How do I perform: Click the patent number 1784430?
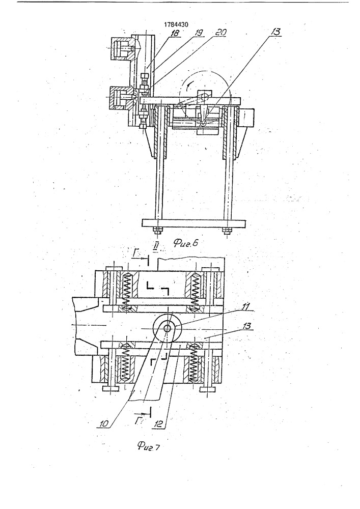coord(176,24)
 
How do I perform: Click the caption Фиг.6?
coord(185,243)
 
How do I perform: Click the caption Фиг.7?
coord(148,447)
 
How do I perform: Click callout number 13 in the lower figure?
coord(247,326)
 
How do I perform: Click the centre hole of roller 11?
coord(168,328)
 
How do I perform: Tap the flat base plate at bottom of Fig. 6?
coord(194,223)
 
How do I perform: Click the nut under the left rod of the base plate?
coord(157,231)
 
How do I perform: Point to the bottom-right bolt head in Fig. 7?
coord(208,389)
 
